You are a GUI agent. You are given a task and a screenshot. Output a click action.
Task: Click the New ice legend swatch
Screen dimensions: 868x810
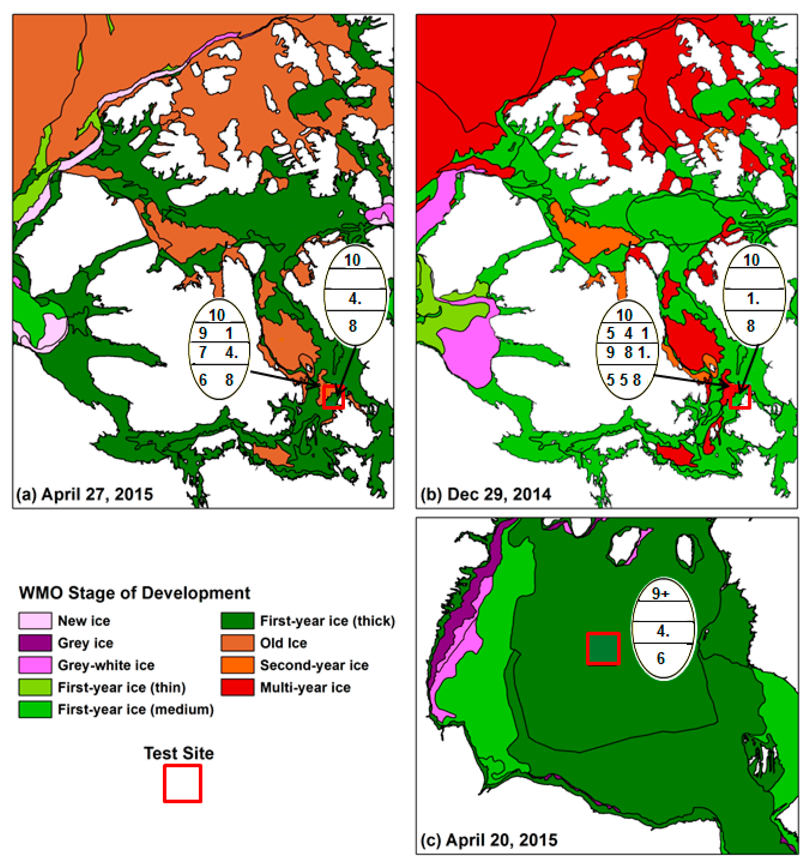coord(35,620)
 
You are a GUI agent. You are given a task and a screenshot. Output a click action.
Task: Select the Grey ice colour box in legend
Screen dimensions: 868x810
coord(35,643)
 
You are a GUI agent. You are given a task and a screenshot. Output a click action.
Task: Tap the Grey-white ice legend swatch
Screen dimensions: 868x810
coord(35,665)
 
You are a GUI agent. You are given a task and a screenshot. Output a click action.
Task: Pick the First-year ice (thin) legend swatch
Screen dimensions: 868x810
coord(35,687)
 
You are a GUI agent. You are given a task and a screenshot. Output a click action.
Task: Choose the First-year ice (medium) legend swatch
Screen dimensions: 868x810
coord(35,710)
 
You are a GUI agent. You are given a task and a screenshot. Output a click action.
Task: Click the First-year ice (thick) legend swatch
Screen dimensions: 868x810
coord(237,620)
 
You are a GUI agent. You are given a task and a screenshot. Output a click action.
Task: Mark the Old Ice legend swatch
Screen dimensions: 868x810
coord(237,643)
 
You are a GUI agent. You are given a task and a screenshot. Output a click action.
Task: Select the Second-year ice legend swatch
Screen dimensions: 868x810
coord(237,665)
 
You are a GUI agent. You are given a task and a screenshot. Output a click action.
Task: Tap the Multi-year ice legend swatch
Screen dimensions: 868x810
coord(237,687)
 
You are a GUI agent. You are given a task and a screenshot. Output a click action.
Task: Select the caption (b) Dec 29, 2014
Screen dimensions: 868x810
coord(485,494)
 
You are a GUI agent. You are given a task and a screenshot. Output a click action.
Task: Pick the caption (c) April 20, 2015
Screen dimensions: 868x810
coord(489,840)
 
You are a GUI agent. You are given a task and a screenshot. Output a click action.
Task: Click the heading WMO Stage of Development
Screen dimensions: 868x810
coord(134,593)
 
